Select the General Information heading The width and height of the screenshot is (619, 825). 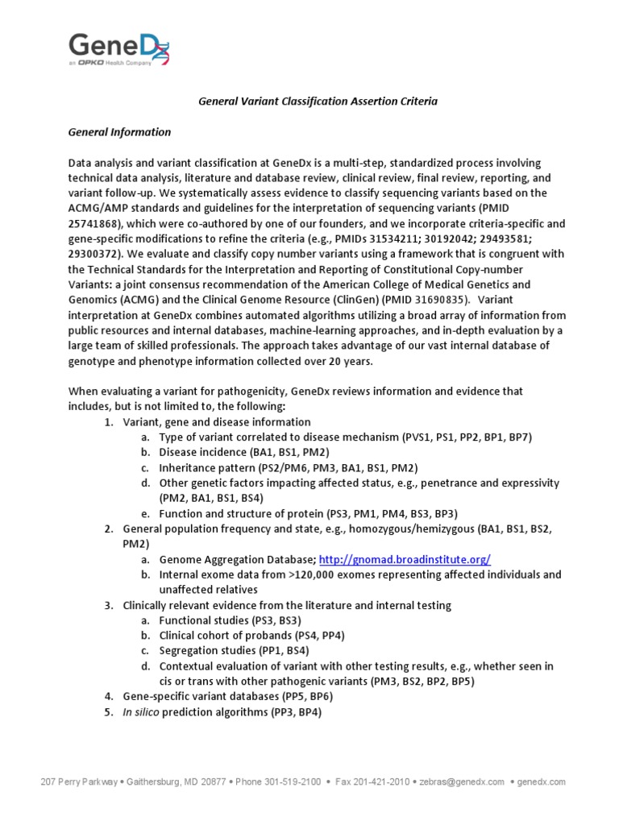pyautogui.click(x=119, y=132)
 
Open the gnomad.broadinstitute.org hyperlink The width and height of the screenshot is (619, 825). pyautogui.click(x=405, y=559)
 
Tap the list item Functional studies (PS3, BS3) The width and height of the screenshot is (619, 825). pyautogui.click(x=230, y=620)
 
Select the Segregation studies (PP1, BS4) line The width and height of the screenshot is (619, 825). pyautogui.click(x=234, y=650)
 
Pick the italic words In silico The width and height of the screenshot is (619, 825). pyautogui.click(x=143, y=711)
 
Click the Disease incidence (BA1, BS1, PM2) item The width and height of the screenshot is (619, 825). pyautogui.click(x=243, y=453)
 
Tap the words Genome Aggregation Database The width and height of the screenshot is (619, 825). pyautogui.click(x=235, y=559)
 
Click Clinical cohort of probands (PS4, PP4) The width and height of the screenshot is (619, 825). pyautogui.click(x=251, y=635)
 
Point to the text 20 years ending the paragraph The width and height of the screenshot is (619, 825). pyautogui.click(x=350, y=361)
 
